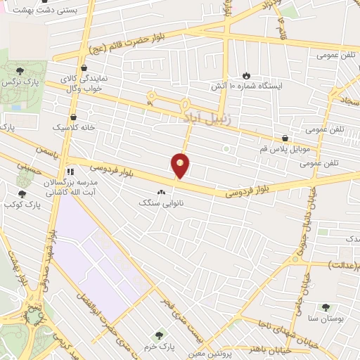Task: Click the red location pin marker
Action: [181, 165]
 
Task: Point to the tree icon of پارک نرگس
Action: [20, 70]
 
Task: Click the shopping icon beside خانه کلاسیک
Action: [74, 117]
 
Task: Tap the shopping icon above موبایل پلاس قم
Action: [285, 139]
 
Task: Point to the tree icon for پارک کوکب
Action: [22, 194]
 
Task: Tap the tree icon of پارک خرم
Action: [160, 336]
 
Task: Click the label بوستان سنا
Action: [324, 319]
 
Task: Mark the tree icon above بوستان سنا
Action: [325, 307]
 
